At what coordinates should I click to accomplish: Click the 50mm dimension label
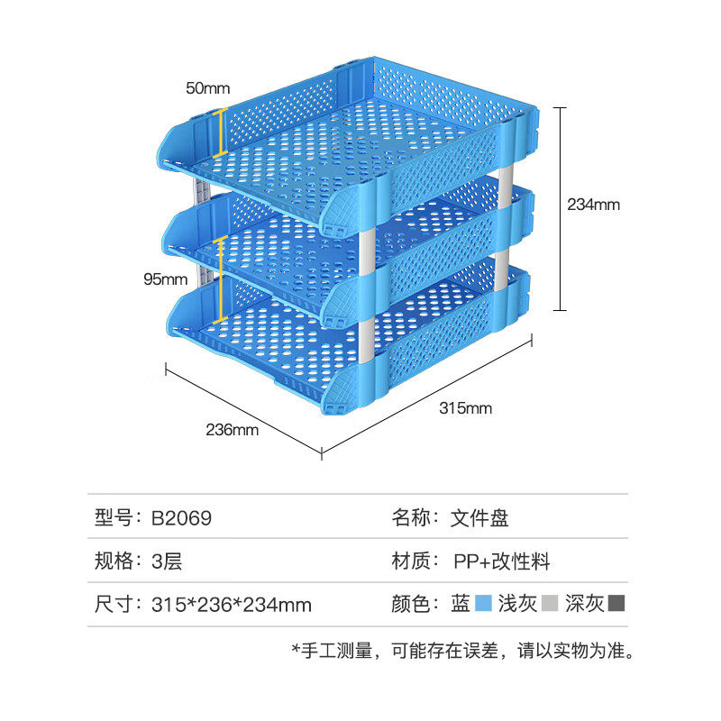208,88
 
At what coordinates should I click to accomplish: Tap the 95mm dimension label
165,279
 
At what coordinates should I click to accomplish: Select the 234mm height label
594,205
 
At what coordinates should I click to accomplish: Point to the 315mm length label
465,408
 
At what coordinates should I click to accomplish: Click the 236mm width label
233,430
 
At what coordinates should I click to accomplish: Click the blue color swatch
482,603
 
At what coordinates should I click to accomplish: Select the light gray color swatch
552,603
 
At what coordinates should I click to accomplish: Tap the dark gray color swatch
617,603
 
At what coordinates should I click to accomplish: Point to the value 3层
167,561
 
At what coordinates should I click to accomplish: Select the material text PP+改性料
501,561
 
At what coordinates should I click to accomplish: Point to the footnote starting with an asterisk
463,650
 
